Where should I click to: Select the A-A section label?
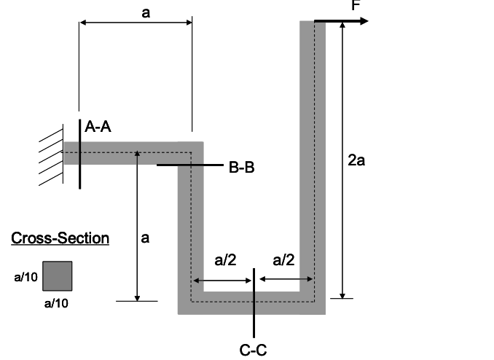click(x=98, y=128)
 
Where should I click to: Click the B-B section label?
click(x=241, y=168)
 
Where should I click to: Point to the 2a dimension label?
click(x=356, y=160)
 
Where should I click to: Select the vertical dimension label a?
click(x=145, y=238)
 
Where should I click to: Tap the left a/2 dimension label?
click(x=225, y=260)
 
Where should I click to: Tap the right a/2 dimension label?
click(x=283, y=260)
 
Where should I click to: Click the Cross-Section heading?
click(x=60, y=238)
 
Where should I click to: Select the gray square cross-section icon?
click(x=58, y=276)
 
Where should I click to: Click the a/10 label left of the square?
click(x=26, y=276)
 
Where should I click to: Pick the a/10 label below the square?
click(x=57, y=300)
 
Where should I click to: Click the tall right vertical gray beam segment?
click(x=313, y=146)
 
